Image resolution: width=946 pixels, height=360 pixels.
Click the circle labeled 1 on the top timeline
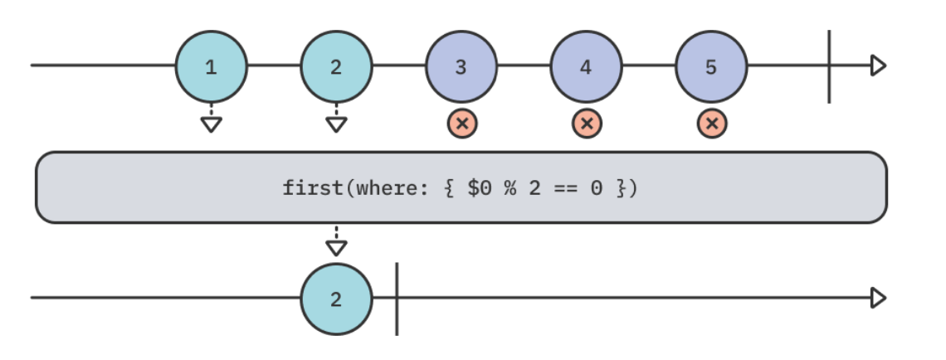point(211,66)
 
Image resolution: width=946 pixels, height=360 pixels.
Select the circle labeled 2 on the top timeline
point(336,66)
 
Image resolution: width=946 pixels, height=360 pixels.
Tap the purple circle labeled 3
point(461,66)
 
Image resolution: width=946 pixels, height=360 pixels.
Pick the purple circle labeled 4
point(586,66)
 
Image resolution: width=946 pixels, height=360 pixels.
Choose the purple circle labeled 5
point(711,66)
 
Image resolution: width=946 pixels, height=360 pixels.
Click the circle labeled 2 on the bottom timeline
point(336,299)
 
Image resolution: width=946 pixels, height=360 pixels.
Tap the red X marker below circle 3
point(462,124)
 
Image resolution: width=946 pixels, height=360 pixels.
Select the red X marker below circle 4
point(587,124)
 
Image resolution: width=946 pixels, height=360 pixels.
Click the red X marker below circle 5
point(711,124)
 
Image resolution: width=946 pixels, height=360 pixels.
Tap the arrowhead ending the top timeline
point(878,66)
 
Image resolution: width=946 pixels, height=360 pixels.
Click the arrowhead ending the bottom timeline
point(878,298)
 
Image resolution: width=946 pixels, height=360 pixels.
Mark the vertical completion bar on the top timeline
point(829,66)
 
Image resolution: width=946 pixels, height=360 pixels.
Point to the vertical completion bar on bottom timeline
point(397,299)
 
